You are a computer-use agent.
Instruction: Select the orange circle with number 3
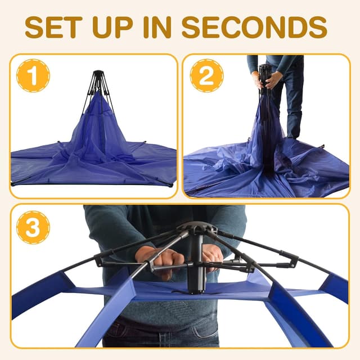[33, 227]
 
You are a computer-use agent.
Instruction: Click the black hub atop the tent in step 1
[99, 76]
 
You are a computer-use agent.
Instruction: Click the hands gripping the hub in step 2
[267, 80]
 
